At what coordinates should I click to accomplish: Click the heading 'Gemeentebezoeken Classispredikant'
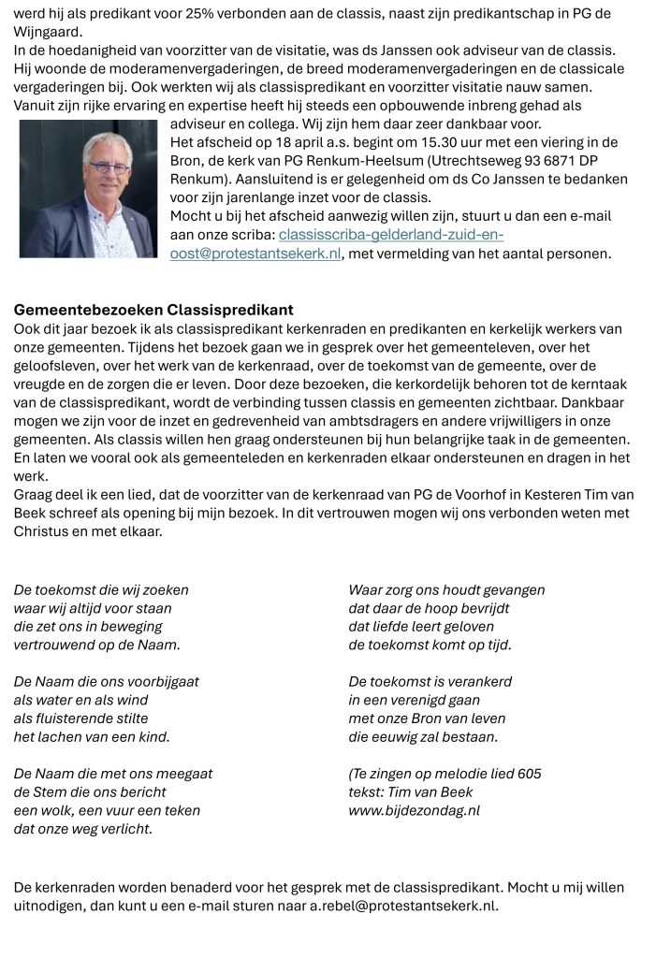pyautogui.click(x=153, y=310)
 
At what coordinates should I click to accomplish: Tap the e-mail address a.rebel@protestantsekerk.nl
pyautogui.click(x=403, y=906)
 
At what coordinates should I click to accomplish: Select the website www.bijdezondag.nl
pyautogui.click(x=414, y=810)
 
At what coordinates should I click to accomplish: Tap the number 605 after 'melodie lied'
pyautogui.click(x=529, y=774)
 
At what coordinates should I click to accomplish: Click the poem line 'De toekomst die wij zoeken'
pyautogui.click(x=101, y=590)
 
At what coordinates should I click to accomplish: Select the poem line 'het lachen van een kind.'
pyautogui.click(x=92, y=737)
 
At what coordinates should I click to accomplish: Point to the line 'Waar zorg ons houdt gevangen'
pyautogui.click(x=446, y=590)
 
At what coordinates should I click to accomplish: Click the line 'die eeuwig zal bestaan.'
pyautogui.click(x=423, y=737)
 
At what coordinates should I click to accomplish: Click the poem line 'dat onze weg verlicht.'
pyautogui.click(x=83, y=829)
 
